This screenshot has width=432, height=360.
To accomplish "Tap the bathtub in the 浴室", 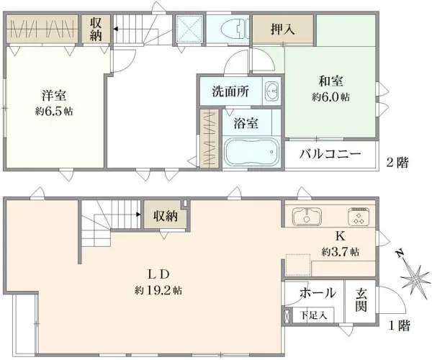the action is (x=252, y=152).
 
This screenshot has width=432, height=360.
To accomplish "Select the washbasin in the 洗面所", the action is (x=271, y=91).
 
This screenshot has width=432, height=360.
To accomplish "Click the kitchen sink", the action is (x=307, y=216).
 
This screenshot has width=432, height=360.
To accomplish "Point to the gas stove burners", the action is (x=359, y=217).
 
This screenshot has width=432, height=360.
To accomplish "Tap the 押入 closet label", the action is (x=283, y=29).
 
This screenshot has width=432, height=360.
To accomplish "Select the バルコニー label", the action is (x=330, y=153).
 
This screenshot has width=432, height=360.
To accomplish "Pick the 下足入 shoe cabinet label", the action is (x=313, y=315).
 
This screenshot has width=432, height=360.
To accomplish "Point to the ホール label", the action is (x=318, y=293).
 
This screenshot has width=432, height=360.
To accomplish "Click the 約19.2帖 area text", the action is (x=158, y=290).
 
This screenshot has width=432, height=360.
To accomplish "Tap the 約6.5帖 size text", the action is (x=54, y=111).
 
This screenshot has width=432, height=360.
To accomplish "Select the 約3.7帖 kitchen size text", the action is (x=341, y=252).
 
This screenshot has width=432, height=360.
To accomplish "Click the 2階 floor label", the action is (x=397, y=163).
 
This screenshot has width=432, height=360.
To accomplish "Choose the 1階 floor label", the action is (x=399, y=326).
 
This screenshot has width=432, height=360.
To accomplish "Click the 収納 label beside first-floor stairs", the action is (x=166, y=216).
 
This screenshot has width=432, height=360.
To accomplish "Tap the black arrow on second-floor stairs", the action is (x=116, y=29).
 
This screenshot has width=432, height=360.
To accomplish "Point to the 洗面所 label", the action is (x=230, y=91).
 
